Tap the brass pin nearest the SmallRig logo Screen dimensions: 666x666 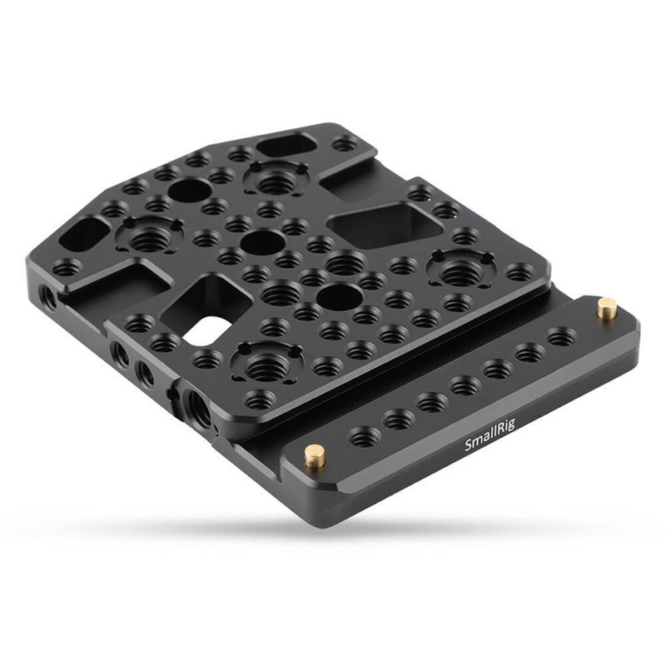(315, 455)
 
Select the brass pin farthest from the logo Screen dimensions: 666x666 (607, 307)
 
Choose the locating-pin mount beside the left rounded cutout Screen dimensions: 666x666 (150, 234)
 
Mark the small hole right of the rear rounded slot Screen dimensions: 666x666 (344, 144)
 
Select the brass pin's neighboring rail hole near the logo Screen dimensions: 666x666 (363, 435)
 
